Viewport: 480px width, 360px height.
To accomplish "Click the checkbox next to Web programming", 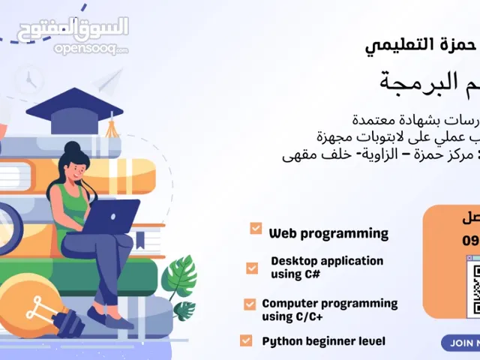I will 256,228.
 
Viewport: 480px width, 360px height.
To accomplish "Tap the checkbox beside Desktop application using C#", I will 252,268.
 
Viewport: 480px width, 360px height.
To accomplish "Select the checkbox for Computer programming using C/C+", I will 250,304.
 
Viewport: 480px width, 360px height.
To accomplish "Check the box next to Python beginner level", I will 246,340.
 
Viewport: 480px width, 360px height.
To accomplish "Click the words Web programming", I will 328,233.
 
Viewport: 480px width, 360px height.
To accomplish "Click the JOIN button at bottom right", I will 461,343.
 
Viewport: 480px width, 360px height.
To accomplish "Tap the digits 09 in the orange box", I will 470,242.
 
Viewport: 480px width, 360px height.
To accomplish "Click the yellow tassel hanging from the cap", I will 110,126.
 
